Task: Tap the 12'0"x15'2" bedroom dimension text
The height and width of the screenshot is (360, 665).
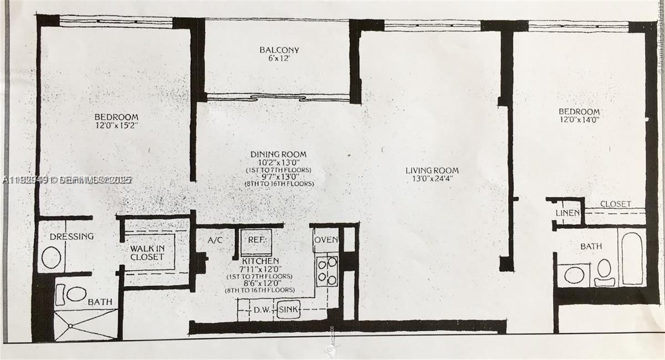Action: [x=116, y=126]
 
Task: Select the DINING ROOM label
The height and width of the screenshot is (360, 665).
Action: [x=278, y=155]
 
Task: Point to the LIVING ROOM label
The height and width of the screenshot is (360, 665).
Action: [x=432, y=170]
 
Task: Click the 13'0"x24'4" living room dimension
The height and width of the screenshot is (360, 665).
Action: [x=432, y=179]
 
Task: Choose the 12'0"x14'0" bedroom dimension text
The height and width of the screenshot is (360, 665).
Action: [x=579, y=120]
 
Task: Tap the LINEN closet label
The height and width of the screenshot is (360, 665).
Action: [x=567, y=213]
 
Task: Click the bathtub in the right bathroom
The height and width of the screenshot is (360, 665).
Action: [x=632, y=259]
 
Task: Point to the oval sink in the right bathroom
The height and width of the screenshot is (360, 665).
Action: [x=574, y=275]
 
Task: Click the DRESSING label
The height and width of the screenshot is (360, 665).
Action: [x=71, y=236]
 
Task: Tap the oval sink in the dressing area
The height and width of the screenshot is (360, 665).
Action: [x=52, y=258]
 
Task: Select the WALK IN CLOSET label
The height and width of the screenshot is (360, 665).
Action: [x=147, y=253]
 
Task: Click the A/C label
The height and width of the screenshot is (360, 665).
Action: [x=215, y=240]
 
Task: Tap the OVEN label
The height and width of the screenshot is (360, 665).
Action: [x=325, y=240]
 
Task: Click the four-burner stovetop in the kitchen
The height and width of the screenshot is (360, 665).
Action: [x=326, y=271]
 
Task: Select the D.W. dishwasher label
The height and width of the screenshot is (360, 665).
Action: [x=262, y=310]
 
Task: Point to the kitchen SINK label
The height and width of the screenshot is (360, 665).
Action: [x=288, y=310]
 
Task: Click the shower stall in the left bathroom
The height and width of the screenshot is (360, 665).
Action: [x=86, y=325]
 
